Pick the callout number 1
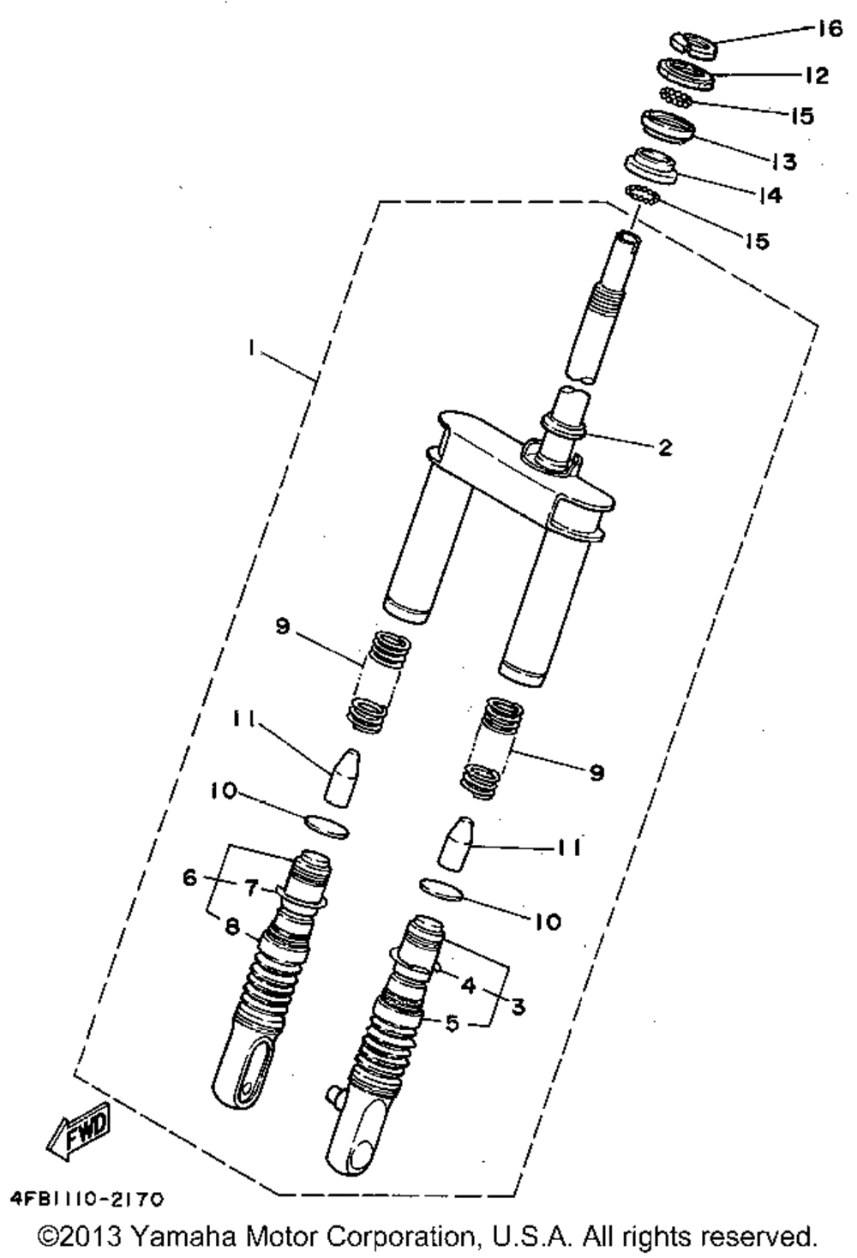[251, 349]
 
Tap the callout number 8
[232, 926]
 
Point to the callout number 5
[452, 1022]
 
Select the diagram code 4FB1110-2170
[87, 1199]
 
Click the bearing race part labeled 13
[668, 128]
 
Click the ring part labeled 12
[686, 75]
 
